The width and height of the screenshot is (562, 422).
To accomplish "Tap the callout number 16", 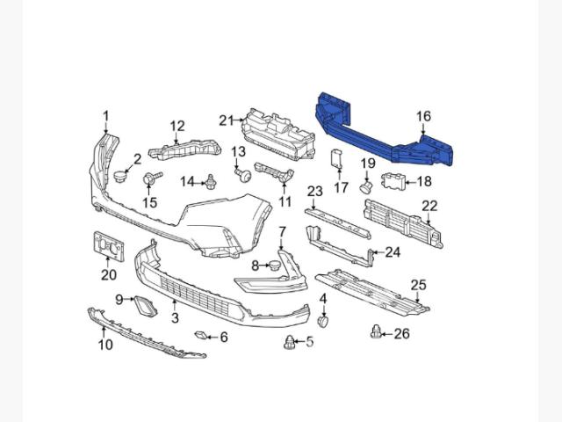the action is point(423,116).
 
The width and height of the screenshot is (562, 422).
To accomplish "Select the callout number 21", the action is point(227,120).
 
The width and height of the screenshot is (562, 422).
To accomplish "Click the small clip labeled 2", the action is point(120,177).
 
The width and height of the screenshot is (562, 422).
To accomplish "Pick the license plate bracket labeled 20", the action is point(109,245).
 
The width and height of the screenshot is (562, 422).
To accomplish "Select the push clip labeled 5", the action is point(290,342).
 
